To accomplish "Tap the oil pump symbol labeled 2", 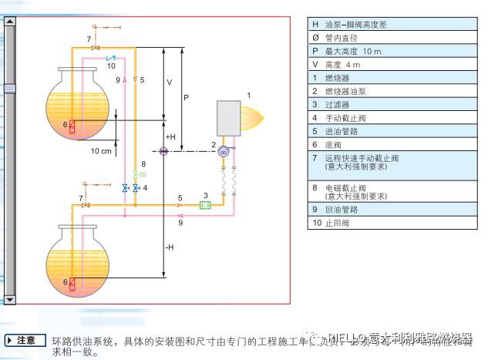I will (x=224, y=152).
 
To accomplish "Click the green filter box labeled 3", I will (x=206, y=205).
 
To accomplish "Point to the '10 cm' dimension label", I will (x=101, y=151).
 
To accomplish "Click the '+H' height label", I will (x=170, y=136).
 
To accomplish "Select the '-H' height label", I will (x=170, y=247).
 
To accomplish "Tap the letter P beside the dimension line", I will (x=186, y=98).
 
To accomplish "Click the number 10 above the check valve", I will (x=111, y=66).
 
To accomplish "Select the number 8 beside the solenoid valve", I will (x=143, y=165).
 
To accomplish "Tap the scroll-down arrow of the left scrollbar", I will (x=9, y=299).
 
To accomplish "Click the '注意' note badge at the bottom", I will (x=24, y=339).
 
